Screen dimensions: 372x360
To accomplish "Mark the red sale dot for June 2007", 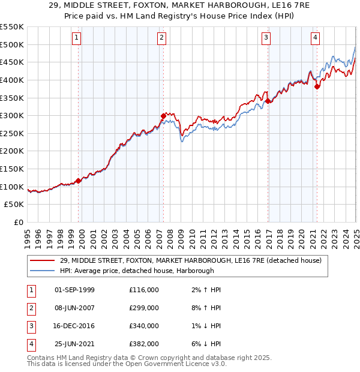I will coord(163,116).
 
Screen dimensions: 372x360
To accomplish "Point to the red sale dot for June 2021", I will coord(317,86).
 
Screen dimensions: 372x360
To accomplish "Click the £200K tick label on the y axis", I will coord(13,151).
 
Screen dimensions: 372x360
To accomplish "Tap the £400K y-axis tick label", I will coord(13,80).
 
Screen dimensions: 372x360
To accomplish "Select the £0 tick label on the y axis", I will coord(19,223).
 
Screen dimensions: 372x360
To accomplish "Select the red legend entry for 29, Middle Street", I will coord(191,260).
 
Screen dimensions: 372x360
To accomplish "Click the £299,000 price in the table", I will coord(144,308).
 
